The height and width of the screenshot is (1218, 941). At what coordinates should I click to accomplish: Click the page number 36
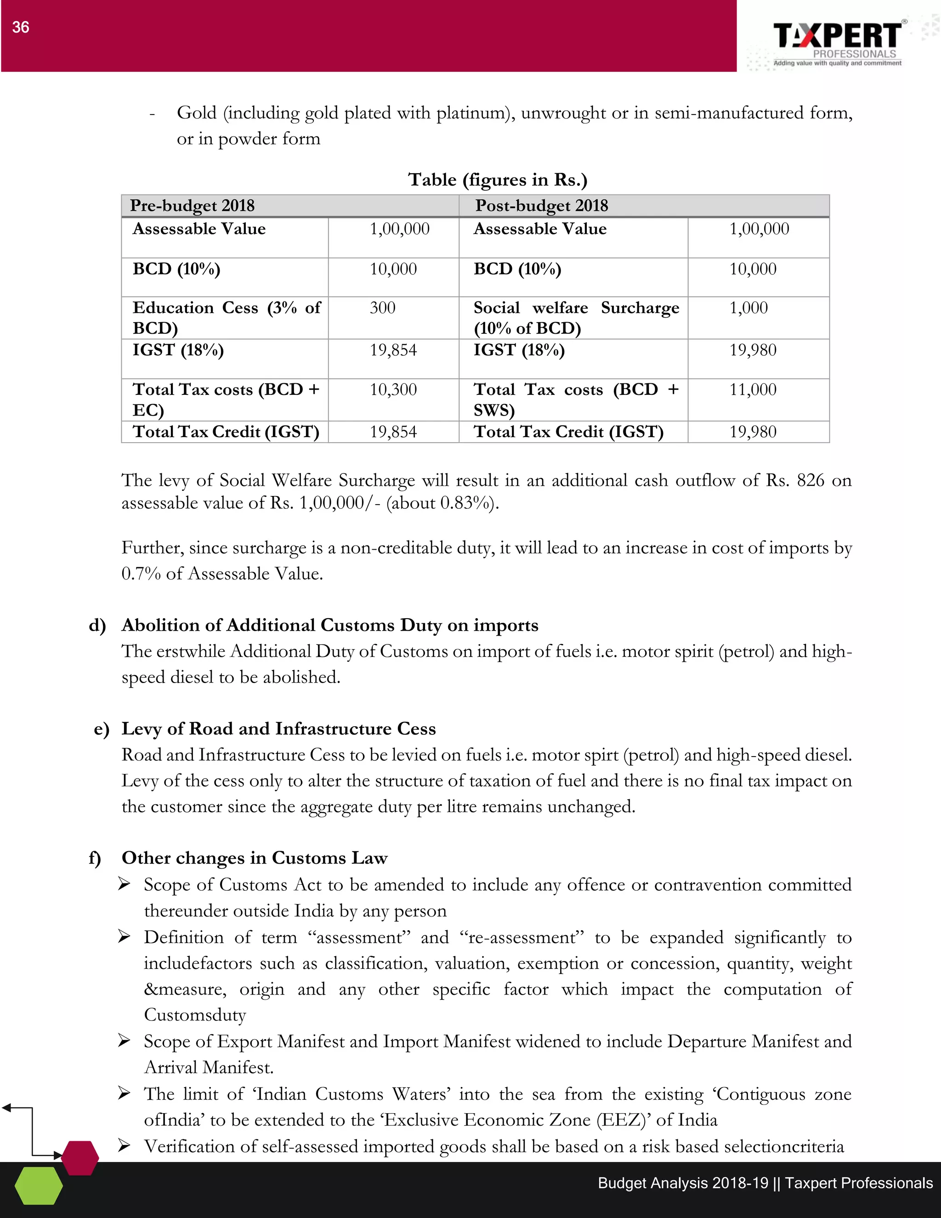[21, 27]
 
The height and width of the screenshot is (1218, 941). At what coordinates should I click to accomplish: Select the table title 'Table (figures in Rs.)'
[497, 180]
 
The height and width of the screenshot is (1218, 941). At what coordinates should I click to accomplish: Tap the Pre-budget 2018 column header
[193, 206]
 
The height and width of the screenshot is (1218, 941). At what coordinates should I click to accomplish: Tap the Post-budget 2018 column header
[541, 206]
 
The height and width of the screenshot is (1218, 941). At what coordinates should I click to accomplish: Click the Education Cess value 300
[382, 308]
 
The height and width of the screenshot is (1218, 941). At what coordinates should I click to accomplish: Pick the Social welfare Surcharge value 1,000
[748, 308]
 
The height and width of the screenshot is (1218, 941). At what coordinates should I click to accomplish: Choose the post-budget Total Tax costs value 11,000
[753, 389]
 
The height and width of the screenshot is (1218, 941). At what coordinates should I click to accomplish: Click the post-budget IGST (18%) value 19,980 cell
[753, 350]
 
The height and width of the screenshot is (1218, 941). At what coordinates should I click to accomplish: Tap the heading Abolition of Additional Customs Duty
[330, 625]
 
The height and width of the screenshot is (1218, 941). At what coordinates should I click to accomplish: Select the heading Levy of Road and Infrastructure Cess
[279, 729]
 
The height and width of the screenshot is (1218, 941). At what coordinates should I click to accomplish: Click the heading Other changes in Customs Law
[254, 858]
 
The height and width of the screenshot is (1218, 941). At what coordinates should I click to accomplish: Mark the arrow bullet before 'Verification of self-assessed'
[125, 1146]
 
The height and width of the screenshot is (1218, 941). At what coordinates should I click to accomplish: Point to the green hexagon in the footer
[39, 1186]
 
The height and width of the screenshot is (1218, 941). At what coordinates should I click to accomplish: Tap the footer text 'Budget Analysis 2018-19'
[683, 1184]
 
